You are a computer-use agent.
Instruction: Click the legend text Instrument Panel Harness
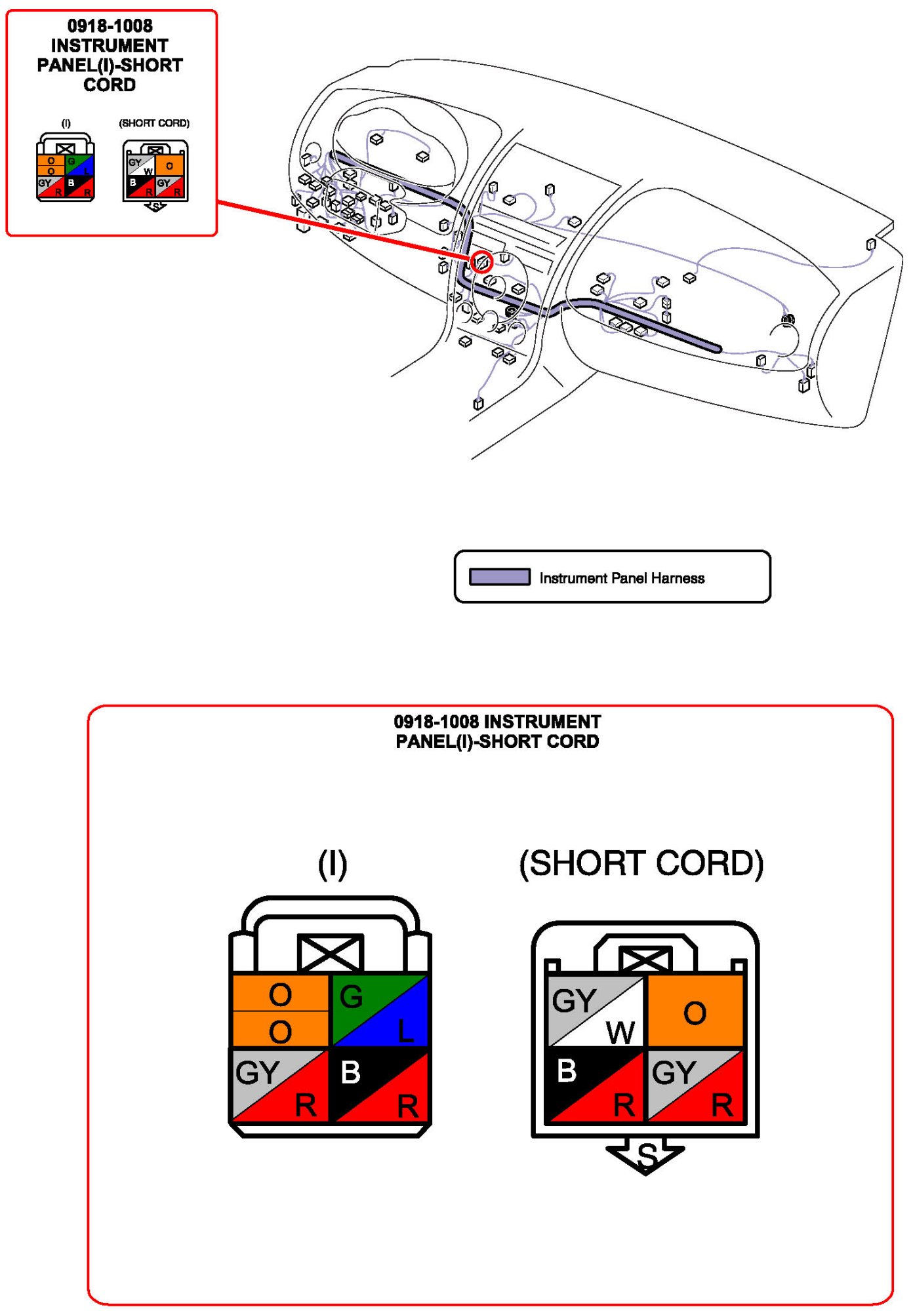[x=621, y=577]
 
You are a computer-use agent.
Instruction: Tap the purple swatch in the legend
[x=499, y=577]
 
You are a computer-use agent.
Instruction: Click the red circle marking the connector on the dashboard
[x=482, y=262]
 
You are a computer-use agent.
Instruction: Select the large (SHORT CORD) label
[x=641, y=863]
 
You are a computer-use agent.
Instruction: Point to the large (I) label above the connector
[x=332, y=863]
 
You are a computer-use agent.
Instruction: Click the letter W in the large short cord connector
[x=620, y=1032]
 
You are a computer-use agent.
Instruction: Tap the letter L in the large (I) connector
[x=405, y=1031]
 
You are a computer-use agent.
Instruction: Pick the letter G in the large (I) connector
[x=351, y=997]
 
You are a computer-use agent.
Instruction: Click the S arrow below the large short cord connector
[x=645, y=1155]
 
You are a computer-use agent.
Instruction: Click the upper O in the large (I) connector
[x=280, y=994]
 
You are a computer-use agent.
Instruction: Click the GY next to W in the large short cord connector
[x=573, y=1001]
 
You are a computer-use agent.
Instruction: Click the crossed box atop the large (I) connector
[x=331, y=952]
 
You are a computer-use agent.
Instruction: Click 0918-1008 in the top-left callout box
[x=110, y=26]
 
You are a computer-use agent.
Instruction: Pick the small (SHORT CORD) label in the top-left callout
[x=154, y=123]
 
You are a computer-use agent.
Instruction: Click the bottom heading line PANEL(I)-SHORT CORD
[x=497, y=741]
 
